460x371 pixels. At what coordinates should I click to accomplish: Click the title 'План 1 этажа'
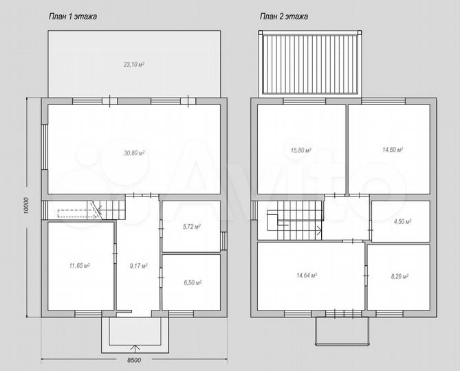pos(72,16)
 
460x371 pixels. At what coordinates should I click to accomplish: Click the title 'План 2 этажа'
pos(284,16)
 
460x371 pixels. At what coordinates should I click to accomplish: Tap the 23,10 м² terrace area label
pos(134,65)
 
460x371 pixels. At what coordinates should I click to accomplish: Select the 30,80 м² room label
pos(134,153)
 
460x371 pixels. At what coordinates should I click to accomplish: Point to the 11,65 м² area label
pos(80,266)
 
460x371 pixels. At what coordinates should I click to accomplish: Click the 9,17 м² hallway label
pos(138,266)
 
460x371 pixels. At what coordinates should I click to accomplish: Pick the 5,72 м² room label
pos(192,226)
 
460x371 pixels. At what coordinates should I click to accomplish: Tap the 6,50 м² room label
pos(193,283)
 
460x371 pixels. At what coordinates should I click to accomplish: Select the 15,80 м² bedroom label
pos(300,150)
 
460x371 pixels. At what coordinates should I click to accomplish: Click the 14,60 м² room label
pos(392,150)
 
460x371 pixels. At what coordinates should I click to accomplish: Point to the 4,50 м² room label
pos(402,221)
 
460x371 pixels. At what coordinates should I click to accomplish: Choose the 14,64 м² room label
pos(307,276)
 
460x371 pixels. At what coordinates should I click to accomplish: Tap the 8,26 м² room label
pos(400,276)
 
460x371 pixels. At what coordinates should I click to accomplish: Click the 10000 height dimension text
pos(27,205)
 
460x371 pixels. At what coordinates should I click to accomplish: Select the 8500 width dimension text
pos(134,360)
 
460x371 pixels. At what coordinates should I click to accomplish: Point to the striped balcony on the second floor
pos(310,64)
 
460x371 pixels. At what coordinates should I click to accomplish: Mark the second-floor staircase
pos(294,221)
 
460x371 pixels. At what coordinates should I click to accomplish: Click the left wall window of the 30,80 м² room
pos(44,147)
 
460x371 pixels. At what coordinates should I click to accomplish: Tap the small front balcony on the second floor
pos(342,330)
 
